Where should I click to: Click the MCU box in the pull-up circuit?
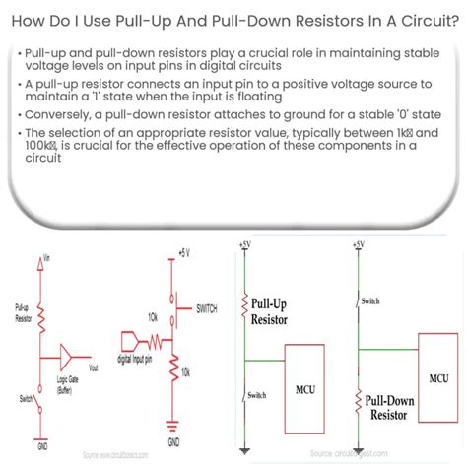pyautogui.click(x=305, y=373)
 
